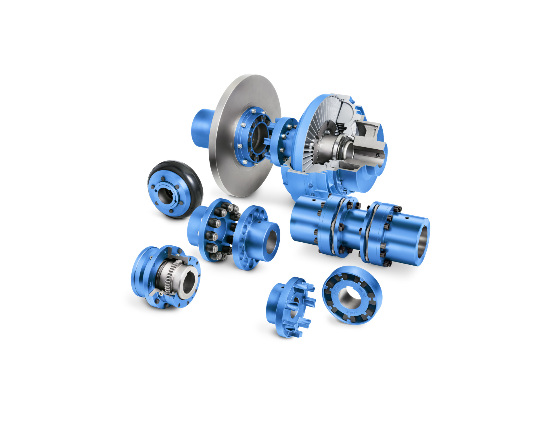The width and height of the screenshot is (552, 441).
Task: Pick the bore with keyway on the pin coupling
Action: [272, 240]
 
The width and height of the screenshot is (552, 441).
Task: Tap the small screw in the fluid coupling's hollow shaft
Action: [378, 155]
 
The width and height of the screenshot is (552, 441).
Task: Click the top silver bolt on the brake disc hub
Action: [254, 111]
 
